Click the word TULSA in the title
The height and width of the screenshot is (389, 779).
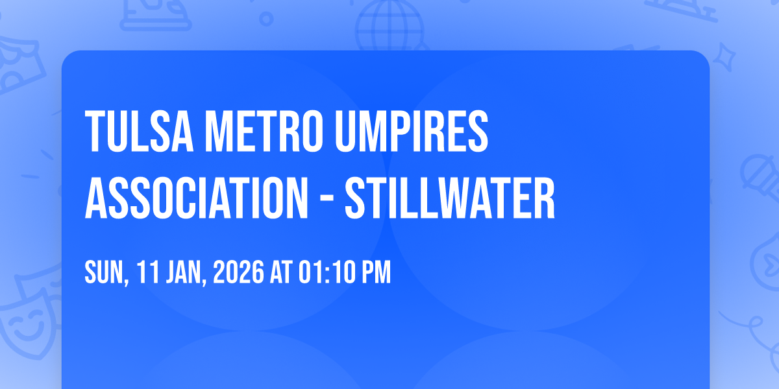[139, 131]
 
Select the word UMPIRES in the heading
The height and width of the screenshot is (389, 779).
[412, 131]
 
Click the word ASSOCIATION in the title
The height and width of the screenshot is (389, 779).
[197, 198]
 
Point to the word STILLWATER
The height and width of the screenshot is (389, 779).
[450, 198]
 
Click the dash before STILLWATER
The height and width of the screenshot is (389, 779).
[327, 199]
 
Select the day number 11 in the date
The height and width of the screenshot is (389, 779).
[148, 272]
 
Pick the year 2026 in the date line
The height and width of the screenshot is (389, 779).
[239, 272]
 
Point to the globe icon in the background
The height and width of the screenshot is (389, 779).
[389, 26]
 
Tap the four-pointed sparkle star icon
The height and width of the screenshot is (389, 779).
[724, 57]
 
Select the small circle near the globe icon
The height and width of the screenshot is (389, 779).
[266, 19]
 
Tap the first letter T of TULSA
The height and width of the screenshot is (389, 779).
[95, 131]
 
